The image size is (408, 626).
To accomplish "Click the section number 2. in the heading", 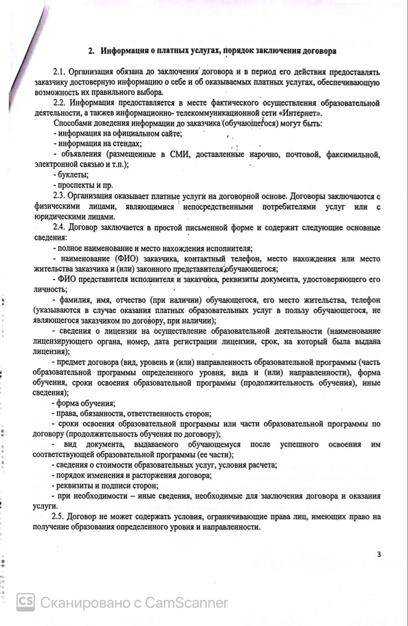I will (x=92, y=50).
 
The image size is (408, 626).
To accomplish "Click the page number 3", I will (x=379, y=555).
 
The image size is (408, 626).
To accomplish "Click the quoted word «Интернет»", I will (x=301, y=112).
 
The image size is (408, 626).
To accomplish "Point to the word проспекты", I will (x=77, y=185).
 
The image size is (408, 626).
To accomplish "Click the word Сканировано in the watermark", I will (x=82, y=603).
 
